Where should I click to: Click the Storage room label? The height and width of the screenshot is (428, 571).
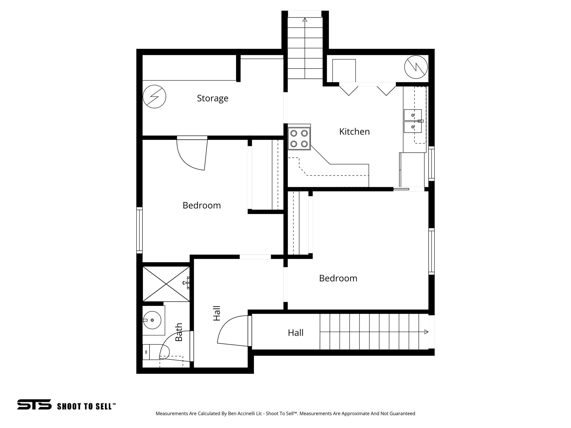coord(212,98)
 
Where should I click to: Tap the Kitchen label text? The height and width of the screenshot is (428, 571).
coord(354,132)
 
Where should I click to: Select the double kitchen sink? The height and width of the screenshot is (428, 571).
coord(413,121)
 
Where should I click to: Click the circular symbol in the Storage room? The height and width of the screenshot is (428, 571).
coord(154,97)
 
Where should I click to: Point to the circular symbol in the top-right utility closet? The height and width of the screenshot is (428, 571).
coord(416,67)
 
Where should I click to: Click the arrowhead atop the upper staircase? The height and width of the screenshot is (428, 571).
coord(305,20)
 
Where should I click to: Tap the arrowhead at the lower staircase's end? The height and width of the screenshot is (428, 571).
coord(426,332)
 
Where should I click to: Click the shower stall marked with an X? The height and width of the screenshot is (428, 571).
coord(166,284)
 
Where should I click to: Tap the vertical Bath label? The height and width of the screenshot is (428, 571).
coord(178,332)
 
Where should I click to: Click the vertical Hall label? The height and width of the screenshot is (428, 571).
coord(217,313)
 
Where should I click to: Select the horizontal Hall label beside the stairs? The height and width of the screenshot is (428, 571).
coord(295,332)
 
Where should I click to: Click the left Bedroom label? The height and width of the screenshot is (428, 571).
coord(201,205)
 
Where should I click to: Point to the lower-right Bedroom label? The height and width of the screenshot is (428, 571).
coord(338,278)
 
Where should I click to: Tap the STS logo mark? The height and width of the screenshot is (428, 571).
coord(34,404)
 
